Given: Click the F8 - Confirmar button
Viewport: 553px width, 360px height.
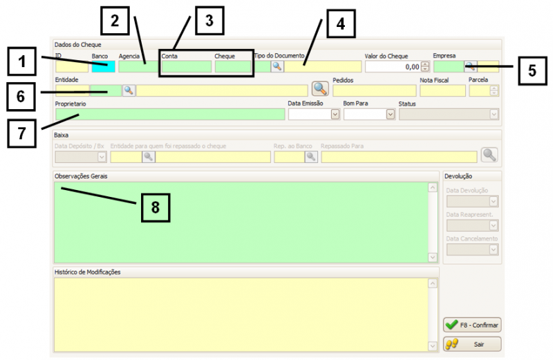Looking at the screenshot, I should [x=473, y=325].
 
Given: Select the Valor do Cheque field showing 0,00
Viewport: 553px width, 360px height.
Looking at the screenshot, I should [x=393, y=66].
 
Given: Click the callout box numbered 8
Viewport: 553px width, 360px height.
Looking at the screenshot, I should [x=156, y=207].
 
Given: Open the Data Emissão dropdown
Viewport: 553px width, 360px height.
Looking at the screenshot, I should [x=335, y=114].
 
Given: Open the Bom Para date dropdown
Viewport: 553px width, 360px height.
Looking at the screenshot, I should [x=391, y=114].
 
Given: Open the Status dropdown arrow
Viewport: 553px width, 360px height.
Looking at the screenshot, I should [x=494, y=114].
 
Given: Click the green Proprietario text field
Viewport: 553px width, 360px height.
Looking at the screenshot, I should [x=169, y=114].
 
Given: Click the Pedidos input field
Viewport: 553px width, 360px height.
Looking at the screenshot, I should [x=374, y=91].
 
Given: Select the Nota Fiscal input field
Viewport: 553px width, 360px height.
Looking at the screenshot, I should [x=442, y=91].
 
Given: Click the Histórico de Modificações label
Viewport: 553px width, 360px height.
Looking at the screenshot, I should [x=87, y=272].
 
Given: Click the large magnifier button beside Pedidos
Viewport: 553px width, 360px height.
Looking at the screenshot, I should [x=319, y=88].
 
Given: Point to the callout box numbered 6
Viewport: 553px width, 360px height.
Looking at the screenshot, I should [x=23, y=97].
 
